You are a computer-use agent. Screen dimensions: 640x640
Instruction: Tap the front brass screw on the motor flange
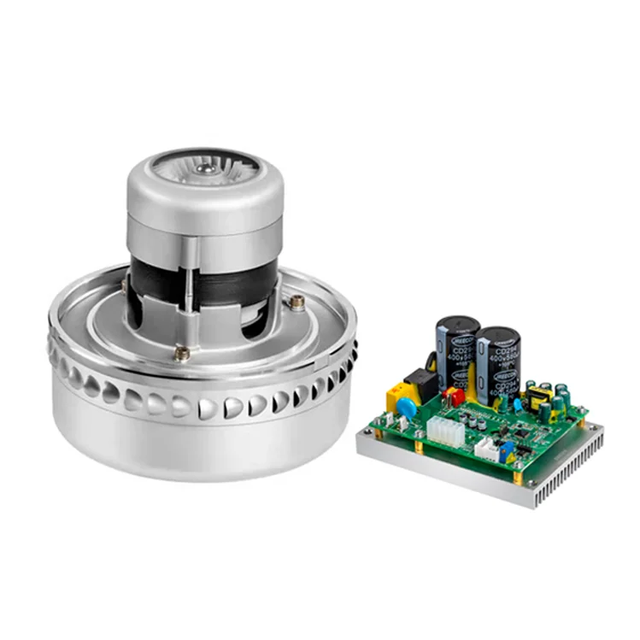183,353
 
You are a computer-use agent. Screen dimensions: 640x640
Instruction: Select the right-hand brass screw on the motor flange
297,301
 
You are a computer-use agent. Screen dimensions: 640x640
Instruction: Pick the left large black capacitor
457,350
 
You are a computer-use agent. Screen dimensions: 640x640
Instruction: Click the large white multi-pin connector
445,431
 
